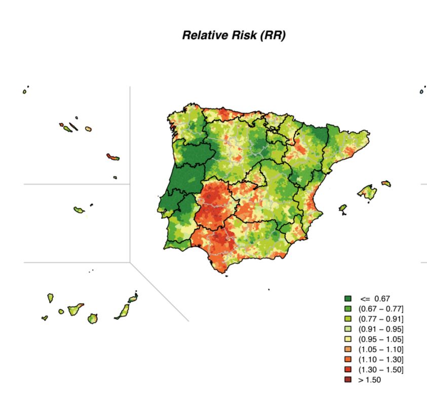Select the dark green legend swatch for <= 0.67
click(x=347, y=299)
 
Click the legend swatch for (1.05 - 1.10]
click(x=347, y=349)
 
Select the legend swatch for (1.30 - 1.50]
click(x=347, y=370)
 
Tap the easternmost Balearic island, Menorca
click(x=386, y=184)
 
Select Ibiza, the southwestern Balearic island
click(x=343, y=207)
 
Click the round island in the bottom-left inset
click(x=92, y=318)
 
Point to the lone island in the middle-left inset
click(x=79, y=209)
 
